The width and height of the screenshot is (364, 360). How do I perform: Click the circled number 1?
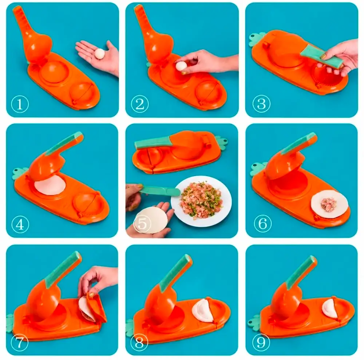tap(20, 104)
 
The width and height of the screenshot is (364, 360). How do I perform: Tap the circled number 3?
tap(261, 103)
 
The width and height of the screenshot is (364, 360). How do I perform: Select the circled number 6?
tap(262, 223)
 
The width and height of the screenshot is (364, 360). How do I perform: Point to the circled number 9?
tap(261, 343)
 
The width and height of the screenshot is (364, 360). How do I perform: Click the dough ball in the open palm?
tap(100, 54)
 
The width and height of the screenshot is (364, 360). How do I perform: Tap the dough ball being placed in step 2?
tap(181, 66)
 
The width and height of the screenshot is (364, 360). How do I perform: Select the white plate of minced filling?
tap(201, 201)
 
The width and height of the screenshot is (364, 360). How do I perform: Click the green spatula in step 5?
tap(160, 190)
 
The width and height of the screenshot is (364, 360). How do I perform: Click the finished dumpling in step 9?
tap(330, 308)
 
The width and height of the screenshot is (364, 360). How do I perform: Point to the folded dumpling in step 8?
tap(202, 310)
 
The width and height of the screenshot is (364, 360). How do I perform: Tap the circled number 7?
tap(20, 343)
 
